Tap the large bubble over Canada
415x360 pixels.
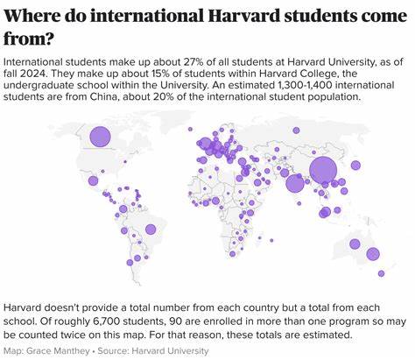coord(100,137)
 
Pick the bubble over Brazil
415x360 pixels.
coord(150,229)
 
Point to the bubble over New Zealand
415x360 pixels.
coord(383,272)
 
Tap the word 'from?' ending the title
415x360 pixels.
coord(26,39)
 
